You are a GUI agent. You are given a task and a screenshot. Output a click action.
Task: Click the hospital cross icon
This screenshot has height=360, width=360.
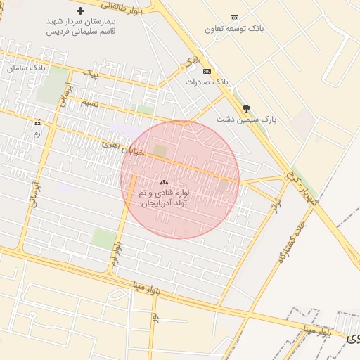(81, 11)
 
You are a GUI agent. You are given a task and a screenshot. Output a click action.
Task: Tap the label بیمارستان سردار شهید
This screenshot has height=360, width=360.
(82, 22)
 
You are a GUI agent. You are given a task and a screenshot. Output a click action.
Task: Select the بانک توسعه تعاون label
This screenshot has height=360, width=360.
(234, 29)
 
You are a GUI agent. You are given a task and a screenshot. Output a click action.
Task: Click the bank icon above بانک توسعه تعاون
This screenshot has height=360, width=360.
(234, 18)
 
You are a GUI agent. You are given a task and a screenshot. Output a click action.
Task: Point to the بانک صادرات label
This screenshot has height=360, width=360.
(207, 82)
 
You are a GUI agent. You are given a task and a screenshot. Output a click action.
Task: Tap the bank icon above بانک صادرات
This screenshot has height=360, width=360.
(207, 71)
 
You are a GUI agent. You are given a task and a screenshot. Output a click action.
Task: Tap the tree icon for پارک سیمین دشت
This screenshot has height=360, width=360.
(246, 108)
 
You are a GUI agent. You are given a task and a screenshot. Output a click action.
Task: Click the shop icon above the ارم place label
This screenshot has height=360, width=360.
(37, 122)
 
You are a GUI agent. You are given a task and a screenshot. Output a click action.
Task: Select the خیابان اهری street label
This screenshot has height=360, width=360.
(122, 148)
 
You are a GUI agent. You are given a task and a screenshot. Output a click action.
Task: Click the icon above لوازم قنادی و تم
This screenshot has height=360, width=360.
(164, 182)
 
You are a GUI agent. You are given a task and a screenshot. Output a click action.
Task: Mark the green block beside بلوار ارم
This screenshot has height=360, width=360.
(104, 238)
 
